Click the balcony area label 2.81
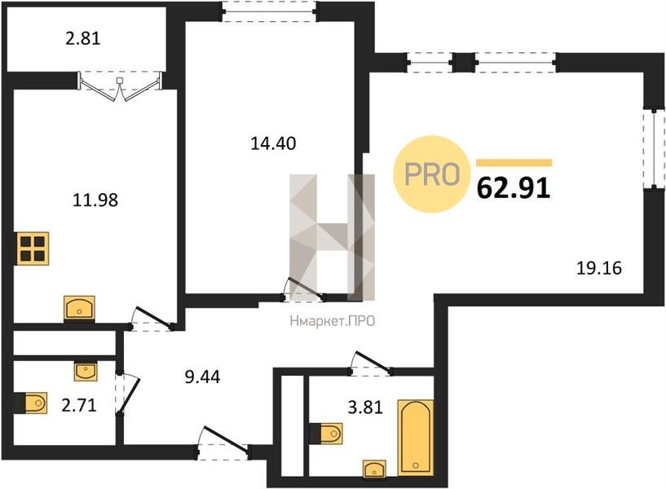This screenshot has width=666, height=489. point(83,38)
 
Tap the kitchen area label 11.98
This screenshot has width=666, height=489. point(95,200)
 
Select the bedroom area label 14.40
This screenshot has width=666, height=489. point(273,143)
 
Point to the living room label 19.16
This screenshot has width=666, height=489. point(599,268)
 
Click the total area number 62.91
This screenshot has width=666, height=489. point(514,187)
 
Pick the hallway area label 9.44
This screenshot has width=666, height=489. point(203,377)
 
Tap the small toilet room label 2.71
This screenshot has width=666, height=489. point(79,405)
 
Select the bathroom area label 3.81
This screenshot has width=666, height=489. point(365,407)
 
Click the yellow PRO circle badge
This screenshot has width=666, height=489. point(432,174)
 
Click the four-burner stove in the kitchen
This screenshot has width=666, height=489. point(33,249)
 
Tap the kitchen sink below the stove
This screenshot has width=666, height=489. point(79,307)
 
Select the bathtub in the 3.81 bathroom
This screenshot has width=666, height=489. point(416,437)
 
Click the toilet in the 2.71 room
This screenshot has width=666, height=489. point(31,403)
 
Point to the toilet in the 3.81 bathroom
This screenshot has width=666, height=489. point(326,434)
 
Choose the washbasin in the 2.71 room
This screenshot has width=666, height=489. point(86,372)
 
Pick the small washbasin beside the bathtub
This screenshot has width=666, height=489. point(374,469)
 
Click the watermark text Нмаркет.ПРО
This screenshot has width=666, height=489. point(332,321)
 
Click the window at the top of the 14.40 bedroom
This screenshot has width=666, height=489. point(269,11)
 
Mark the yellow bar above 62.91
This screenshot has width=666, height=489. point(514,162)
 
